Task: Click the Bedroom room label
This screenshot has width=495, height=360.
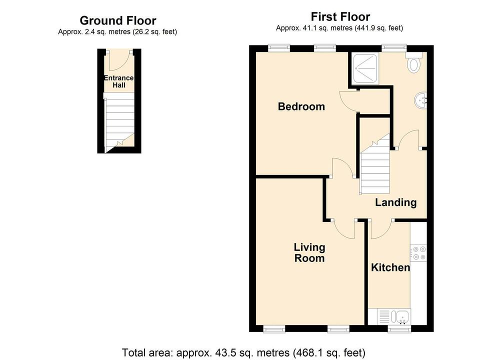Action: coord(301,106)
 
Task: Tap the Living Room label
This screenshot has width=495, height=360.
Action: coord(309,252)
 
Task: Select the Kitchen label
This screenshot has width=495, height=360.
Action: coord(390,267)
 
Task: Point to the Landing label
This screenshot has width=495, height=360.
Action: coord(395,202)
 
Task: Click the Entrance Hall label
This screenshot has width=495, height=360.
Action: coord(118,81)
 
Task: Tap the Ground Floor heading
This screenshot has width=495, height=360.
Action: coord(118,20)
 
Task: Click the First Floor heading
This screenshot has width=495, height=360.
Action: coord(340,16)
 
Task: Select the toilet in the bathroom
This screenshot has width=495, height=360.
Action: coord(414,64)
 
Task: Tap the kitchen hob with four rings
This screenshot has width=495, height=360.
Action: coord(418,252)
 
